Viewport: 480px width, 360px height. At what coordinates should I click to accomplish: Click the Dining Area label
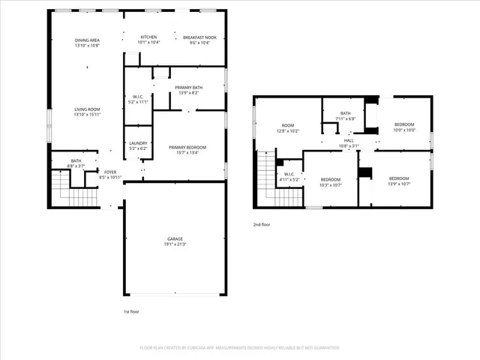87,40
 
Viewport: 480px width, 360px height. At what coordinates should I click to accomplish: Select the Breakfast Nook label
199,37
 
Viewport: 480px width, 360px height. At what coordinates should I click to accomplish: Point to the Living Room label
87,110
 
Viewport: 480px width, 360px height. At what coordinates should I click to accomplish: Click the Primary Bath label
187,88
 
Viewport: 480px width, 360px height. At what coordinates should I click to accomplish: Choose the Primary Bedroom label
187,147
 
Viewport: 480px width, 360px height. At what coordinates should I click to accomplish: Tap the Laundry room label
137,143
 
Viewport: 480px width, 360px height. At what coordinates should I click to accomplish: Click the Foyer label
110,172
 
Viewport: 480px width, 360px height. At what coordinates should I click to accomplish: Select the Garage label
174,238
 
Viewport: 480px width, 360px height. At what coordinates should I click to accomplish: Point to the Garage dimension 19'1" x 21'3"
174,244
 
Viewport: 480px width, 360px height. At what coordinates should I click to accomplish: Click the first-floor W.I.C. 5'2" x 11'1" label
137,98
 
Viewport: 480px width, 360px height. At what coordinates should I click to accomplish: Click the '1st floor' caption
131,311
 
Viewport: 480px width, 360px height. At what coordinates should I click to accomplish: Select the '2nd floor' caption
261,224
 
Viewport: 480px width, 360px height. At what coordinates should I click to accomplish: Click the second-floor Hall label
349,140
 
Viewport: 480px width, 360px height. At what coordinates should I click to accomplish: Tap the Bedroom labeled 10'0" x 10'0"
403,126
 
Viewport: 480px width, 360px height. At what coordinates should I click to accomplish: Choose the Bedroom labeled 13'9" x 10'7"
398,180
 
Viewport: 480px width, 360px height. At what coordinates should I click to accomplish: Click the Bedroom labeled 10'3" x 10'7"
331,181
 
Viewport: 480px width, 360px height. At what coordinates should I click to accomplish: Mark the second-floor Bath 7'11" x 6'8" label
345,115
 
